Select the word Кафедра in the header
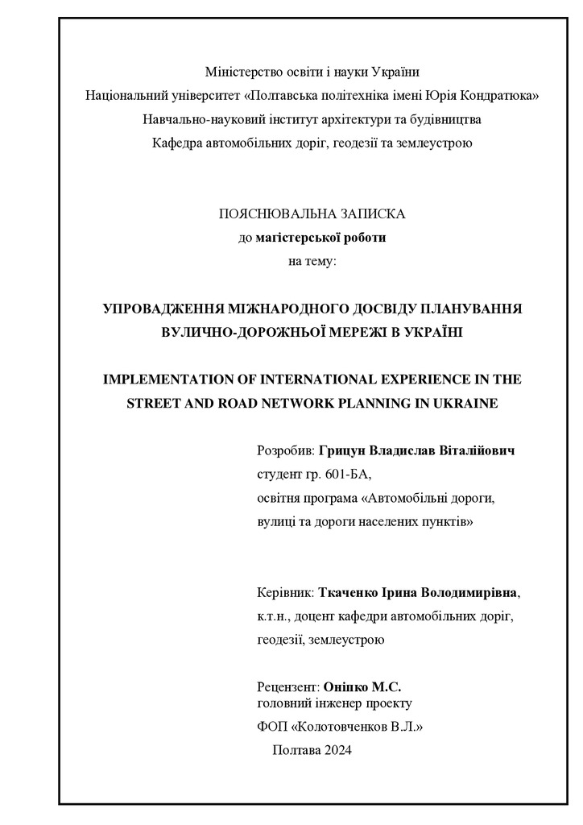click(x=177, y=143)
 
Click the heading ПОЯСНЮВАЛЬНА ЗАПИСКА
click(x=312, y=214)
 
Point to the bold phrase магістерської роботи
click(x=320, y=238)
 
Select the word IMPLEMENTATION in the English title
click(x=161, y=379)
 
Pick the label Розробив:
click(x=286, y=450)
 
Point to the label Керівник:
click(x=286, y=593)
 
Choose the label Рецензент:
click(x=288, y=687)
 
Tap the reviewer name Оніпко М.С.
click(x=362, y=687)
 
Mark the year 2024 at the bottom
click(x=337, y=751)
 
